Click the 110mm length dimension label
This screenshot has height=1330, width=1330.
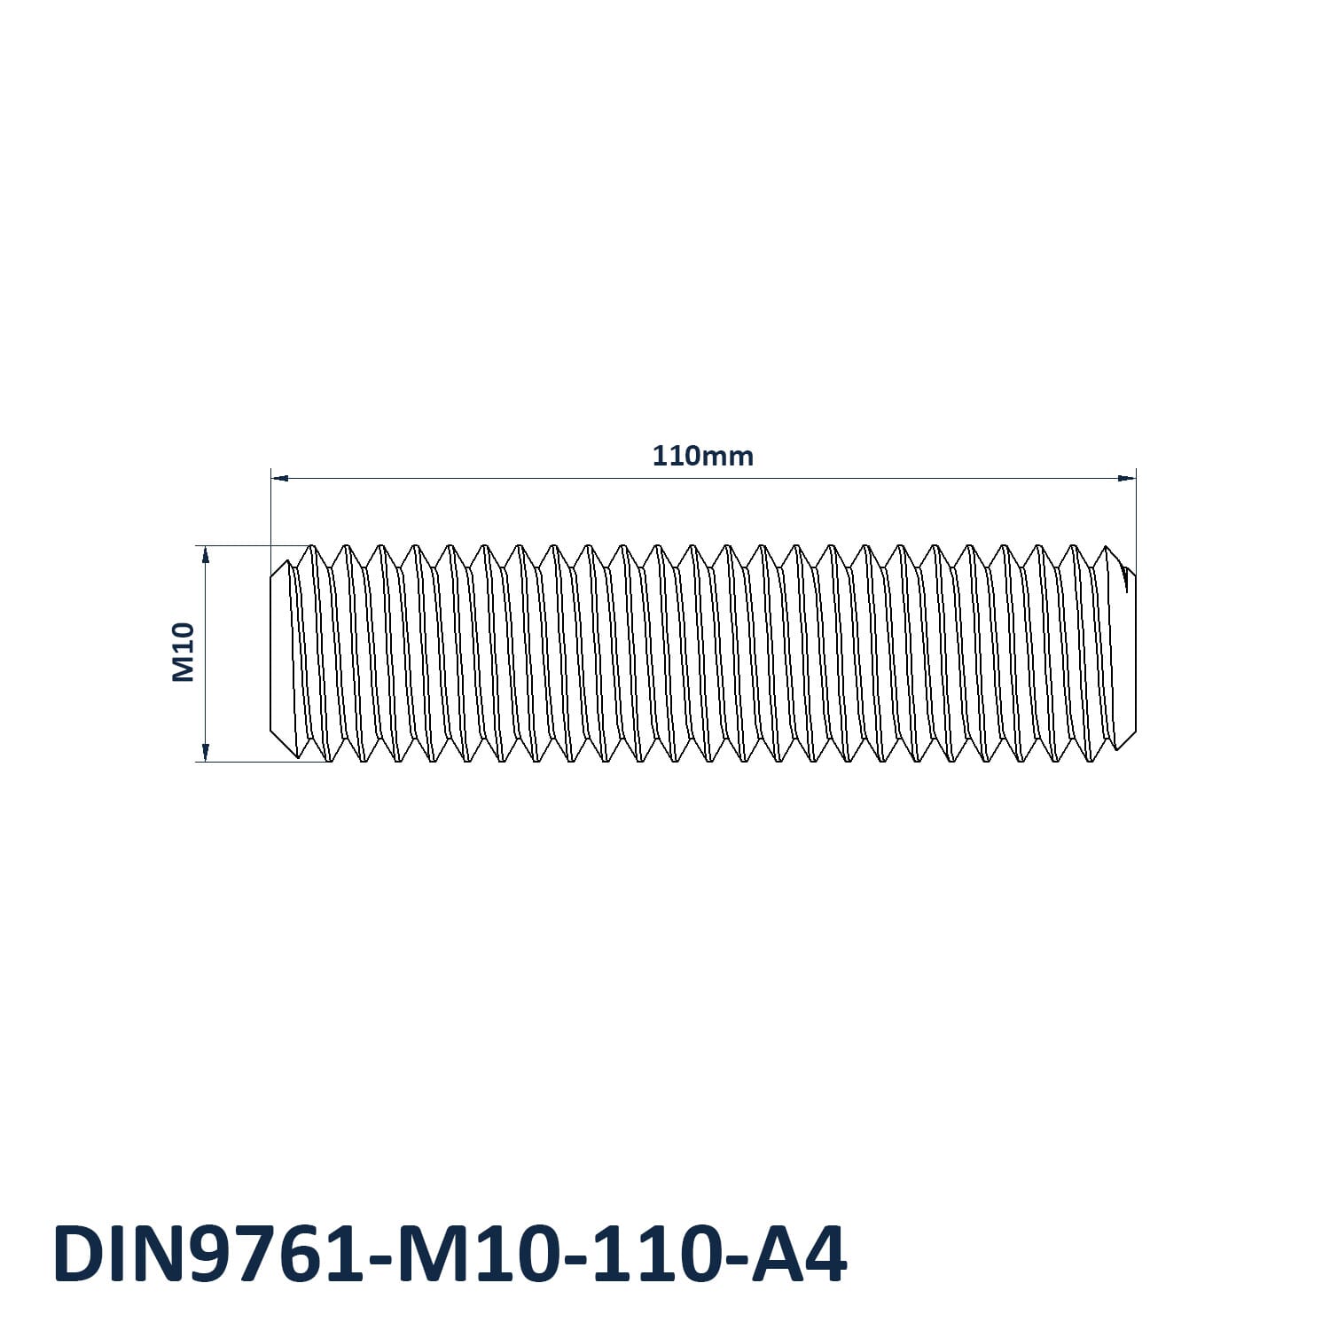(x=703, y=456)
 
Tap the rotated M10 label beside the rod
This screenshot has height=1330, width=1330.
(x=183, y=653)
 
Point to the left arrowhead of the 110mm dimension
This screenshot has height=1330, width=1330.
(x=279, y=479)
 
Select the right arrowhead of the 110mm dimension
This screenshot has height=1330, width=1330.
(x=1127, y=479)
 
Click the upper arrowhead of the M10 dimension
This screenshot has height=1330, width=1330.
(x=206, y=554)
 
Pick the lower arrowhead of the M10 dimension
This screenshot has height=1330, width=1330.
(x=206, y=753)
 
